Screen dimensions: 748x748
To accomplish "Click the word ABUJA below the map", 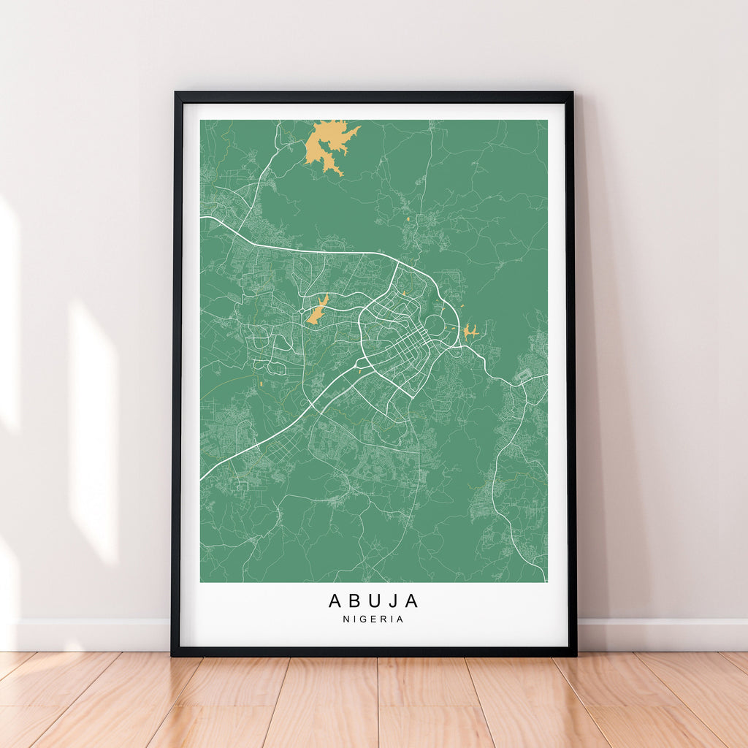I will (x=373, y=600).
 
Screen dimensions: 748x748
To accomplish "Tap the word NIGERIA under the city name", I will (x=373, y=619).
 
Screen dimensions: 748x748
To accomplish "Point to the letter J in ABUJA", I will (x=394, y=600).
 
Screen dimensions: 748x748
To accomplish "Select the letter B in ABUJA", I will (x=355, y=600).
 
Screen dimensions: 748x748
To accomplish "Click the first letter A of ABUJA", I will (x=335, y=600).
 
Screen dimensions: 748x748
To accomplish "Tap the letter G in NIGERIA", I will (x=362, y=619).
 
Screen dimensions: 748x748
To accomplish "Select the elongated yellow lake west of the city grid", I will (x=317, y=310).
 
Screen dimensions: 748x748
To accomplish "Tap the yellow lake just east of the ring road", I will (x=469, y=332).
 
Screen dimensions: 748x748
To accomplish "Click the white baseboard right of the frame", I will (x=661, y=634).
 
